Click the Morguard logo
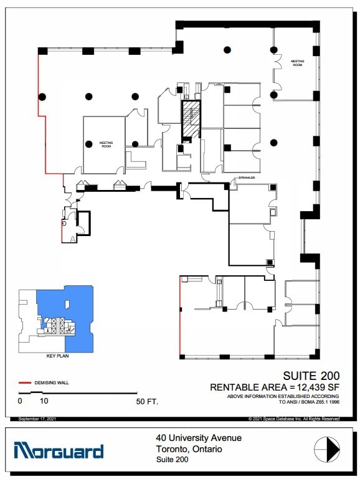click(x=58, y=450)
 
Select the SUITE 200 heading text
click(x=311, y=376)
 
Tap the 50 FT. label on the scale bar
click(x=147, y=402)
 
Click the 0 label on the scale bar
click(x=20, y=402)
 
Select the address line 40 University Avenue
click(x=199, y=438)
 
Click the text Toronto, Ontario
click(x=189, y=448)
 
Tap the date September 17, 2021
click(x=37, y=419)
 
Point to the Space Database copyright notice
click(x=293, y=419)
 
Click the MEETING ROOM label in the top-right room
click(x=297, y=63)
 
